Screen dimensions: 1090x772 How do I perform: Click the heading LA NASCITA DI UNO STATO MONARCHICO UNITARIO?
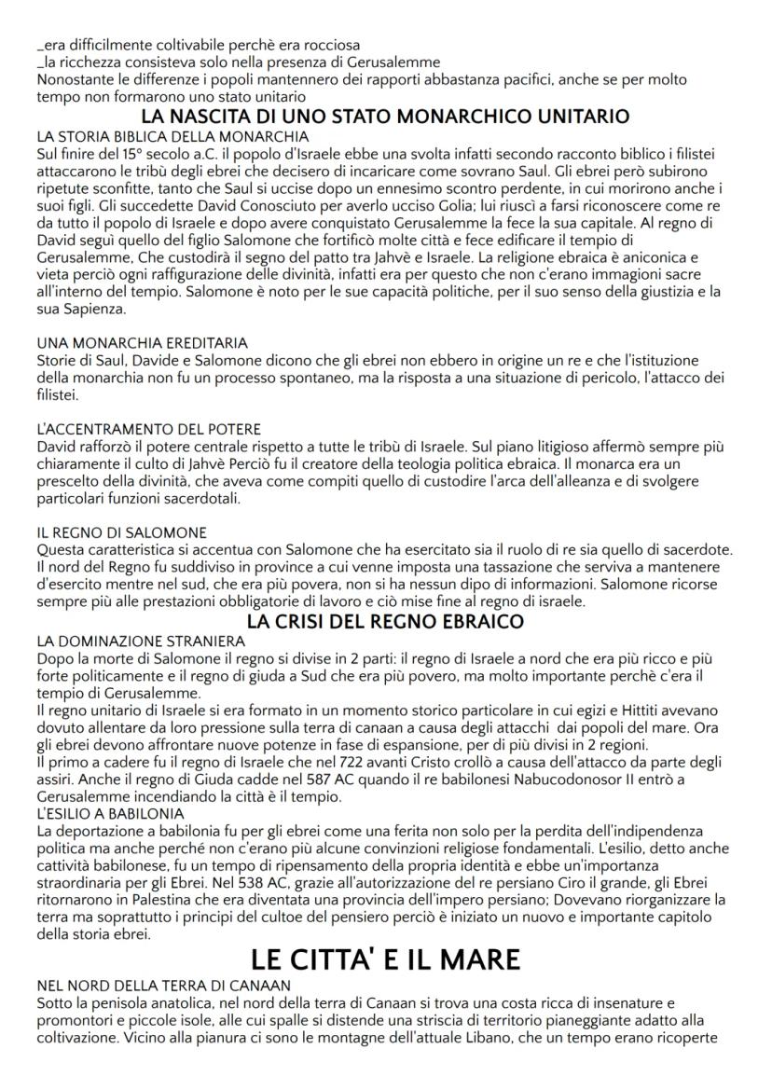[385, 117]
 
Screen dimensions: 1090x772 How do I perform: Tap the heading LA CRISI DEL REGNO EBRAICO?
[385, 622]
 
